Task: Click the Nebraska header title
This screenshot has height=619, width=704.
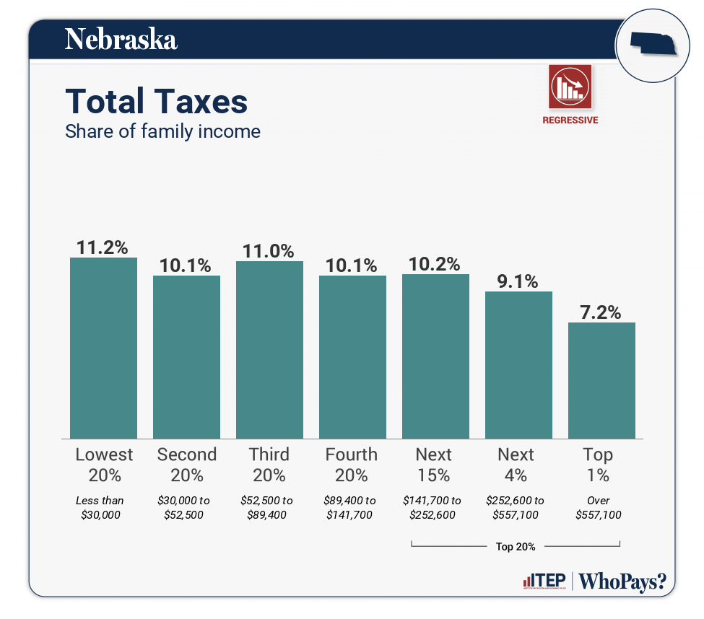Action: click(121, 39)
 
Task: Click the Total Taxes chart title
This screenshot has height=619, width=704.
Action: click(156, 102)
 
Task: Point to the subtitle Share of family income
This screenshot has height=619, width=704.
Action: click(162, 131)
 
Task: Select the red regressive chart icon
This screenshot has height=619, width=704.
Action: click(570, 87)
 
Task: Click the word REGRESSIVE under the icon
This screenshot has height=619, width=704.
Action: click(570, 120)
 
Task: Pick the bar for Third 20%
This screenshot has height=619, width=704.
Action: click(269, 350)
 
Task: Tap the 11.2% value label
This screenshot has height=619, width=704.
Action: click(103, 247)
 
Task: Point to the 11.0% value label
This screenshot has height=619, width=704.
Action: click(269, 251)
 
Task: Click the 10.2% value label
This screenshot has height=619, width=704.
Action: click(435, 264)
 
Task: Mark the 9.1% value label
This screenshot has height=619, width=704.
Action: click(518, 281)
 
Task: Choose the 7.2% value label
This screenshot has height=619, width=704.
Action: click(601, 312)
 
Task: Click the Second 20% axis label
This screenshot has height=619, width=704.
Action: click(186, 465)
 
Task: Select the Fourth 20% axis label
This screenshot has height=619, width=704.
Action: click(352, 465)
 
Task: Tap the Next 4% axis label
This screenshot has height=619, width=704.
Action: click(516, 465)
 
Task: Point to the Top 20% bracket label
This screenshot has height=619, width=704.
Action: click(516, 546)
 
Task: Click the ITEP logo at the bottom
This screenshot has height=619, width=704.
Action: click(543, 581)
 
